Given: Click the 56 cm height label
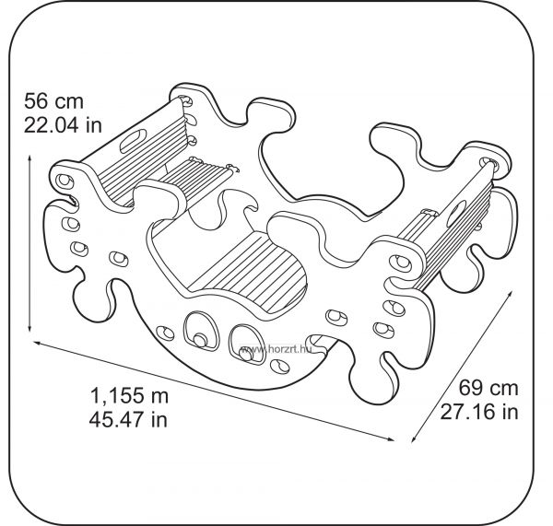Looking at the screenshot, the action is (53, 101).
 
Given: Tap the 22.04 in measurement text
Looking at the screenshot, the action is (63, 124).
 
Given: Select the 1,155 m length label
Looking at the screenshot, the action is (129, 396).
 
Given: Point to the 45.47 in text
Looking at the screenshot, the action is (128, 419).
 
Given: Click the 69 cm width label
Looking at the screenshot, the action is (488, 388).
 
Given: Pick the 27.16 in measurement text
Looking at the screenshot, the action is (479, 412).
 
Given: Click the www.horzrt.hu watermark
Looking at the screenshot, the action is (276, 349).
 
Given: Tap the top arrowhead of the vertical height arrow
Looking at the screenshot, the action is (29, 158).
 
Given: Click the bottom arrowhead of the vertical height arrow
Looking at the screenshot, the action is (29, 329).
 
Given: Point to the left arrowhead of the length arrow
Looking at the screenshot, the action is (35, 342).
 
